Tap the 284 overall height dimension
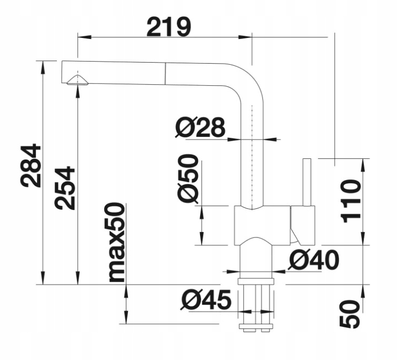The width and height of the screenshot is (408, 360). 32,165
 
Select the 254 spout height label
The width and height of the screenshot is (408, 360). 66,188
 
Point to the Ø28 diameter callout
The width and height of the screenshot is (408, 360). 200,127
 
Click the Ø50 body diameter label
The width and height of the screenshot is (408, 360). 188,179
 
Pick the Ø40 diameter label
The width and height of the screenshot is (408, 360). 314,259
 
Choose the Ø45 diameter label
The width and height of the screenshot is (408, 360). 207,300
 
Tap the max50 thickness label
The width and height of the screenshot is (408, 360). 116,242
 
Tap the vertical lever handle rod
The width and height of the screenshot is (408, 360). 307,182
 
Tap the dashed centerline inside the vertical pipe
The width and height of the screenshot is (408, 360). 252,158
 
